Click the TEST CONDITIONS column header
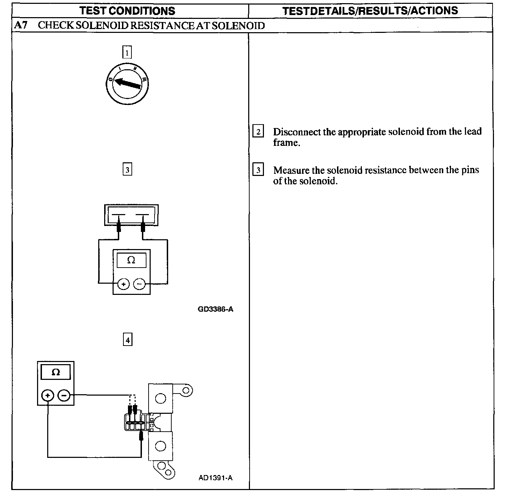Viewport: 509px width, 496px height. tap(127, 11)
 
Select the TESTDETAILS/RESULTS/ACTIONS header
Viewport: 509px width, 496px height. tap(370, 11)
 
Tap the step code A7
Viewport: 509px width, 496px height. tap(21, 26)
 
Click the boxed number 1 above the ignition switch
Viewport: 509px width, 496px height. tap(127, 53)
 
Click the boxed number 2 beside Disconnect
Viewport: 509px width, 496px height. tap(258, 132)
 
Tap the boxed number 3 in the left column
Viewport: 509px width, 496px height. tap(127, 170)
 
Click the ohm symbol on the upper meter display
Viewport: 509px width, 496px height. tap(131, 260)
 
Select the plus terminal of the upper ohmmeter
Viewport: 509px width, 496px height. tap(123, 284)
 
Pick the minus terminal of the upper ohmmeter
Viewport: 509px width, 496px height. tap(139, 284)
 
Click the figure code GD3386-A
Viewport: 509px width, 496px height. tap(216, 309)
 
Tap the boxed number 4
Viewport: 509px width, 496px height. tap(128, 340)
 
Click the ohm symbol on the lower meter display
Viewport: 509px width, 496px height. tap(56, 372)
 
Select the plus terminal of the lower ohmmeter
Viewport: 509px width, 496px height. tap(48, 396)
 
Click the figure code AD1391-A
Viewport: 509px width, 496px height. tap(215, 478)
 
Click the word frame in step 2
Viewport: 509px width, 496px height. tap(286, 143)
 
